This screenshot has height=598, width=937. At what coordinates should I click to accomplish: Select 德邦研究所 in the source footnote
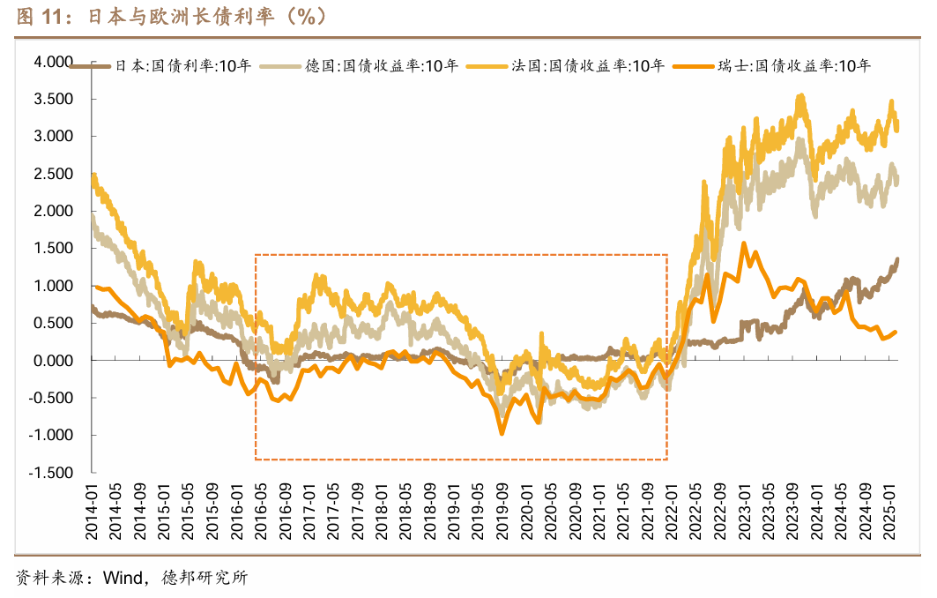point(205,579)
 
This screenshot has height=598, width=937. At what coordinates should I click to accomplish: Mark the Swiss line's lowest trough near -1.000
point(502,433)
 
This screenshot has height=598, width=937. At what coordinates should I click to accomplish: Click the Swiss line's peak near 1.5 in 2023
point(744,243)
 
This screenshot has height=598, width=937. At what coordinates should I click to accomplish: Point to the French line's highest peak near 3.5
point(800,96)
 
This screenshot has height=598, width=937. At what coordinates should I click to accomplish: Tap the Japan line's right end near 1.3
point(897,259)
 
